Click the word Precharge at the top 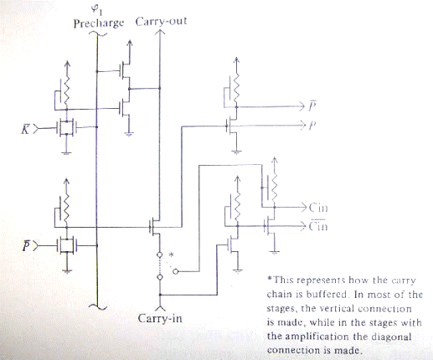point(99,23)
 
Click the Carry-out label point(161,22)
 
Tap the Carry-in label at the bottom point(160,318)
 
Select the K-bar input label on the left point(25,129)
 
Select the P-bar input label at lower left point(26,246)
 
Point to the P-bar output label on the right point(312,105)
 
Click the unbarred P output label point(312,126)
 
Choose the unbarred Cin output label point(318,208)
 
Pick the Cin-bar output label point(318,225)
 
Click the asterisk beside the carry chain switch point(172,255)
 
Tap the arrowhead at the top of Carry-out point(160,32)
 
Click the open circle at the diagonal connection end point(175,271)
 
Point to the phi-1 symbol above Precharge point(97,10)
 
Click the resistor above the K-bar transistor point(67,90)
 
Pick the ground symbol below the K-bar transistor point(66,152)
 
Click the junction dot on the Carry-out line point(160,89)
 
